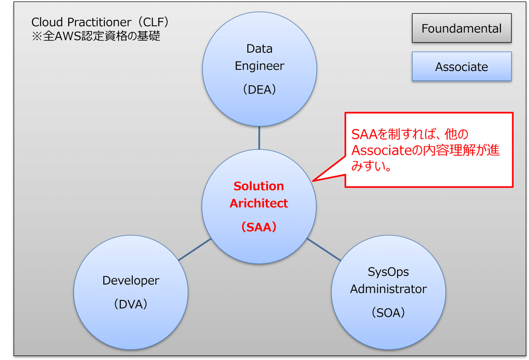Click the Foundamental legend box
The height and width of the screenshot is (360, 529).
point(462,28)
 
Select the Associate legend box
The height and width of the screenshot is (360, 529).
point(462,67)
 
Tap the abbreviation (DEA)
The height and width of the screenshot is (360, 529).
point(260,90)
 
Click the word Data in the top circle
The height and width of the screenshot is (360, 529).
point(260,49)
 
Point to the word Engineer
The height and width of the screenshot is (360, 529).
point(260,66)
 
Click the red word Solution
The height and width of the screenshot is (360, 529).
point(259,186)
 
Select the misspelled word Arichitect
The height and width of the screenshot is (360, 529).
point(259,203)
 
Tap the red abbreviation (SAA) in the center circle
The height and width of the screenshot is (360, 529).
point(259,227)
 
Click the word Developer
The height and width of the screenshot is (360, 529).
point(131,281)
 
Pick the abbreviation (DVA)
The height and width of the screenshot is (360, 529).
point(131,304)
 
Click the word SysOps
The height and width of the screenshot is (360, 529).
point(388,272)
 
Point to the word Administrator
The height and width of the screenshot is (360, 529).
point(388,289)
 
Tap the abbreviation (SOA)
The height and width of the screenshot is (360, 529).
point(388,313)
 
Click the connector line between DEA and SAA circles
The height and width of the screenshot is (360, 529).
point(259,138)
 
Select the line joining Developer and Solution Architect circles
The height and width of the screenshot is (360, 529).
point(195,249)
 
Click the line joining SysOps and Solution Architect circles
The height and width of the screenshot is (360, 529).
point(324,250)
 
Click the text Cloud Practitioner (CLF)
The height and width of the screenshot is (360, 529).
point(100,22)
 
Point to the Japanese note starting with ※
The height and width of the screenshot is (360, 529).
point(96,36)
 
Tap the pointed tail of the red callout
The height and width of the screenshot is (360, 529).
point(313,181)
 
